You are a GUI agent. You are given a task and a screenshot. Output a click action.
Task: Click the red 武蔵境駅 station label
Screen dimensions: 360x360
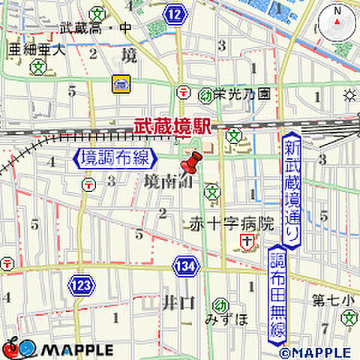171,128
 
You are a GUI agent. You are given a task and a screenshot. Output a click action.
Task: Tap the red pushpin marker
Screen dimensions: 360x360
193,165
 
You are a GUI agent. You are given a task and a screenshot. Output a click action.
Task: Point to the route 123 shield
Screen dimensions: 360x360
82,284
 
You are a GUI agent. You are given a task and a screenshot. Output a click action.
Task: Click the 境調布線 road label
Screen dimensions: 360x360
115,159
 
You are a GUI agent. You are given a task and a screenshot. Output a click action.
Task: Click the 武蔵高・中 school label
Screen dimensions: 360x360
95,28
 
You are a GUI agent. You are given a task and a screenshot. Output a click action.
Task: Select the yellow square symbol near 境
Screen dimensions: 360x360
120,83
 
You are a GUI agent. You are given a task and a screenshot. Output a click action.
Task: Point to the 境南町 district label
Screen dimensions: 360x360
162,181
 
